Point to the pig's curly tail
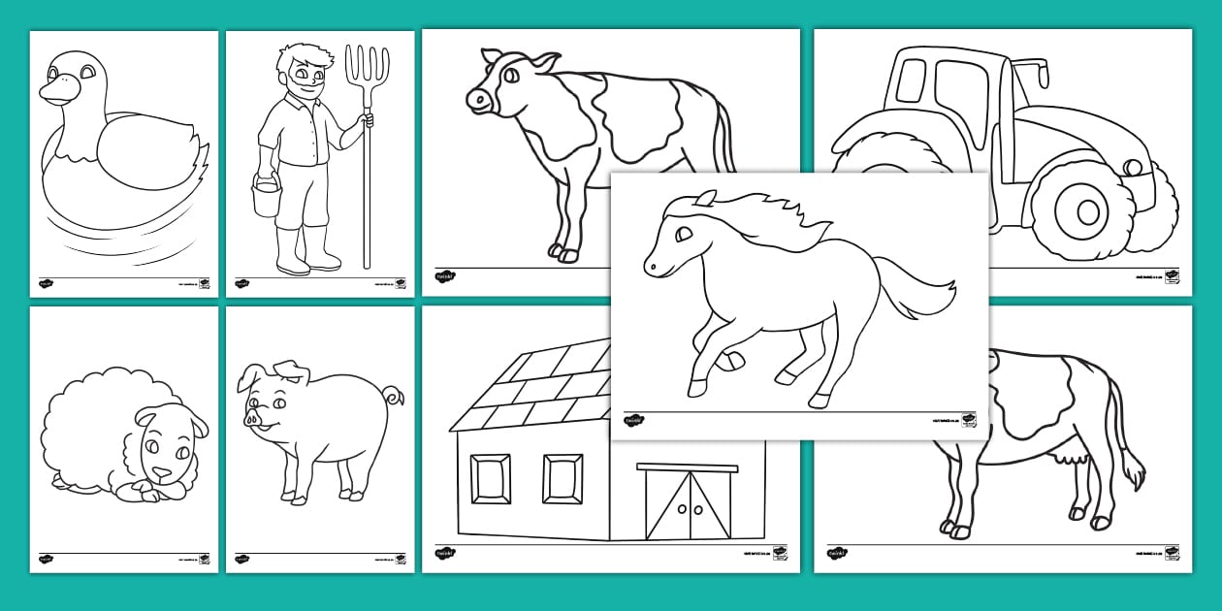(394, 397)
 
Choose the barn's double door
(689, 503)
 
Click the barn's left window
(490, 478)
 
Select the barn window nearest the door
(563, 478)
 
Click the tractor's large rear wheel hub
(1085, 209)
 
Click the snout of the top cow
(477, 99)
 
